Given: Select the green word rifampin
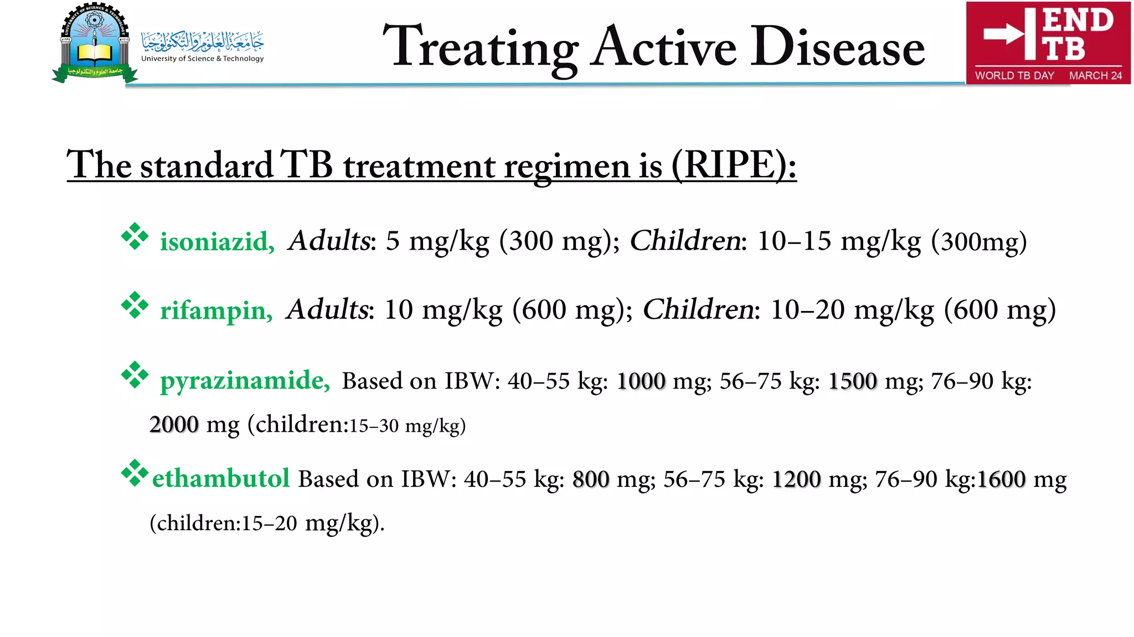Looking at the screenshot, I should point(216,310).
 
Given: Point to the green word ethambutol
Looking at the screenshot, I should point(221,478).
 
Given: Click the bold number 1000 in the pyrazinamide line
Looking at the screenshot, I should point(641,381).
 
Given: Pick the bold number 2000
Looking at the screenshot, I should point(174,424).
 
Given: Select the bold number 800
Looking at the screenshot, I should point(591,479).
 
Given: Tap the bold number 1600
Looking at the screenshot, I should point(1001,479).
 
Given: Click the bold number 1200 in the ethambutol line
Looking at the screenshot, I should point(796,479).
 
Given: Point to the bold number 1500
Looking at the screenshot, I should point(853,381).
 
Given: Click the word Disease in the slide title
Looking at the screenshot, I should point(837,48).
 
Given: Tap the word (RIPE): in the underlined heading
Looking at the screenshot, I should point(734,165).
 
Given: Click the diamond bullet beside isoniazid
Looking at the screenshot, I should point(135,237).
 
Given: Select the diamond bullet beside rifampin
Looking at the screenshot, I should point(135,305).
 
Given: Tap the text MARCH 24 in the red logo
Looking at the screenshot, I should point(1095,75).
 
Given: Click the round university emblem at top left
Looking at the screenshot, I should point(94,42).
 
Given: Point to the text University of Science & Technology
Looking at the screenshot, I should point(203,59).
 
